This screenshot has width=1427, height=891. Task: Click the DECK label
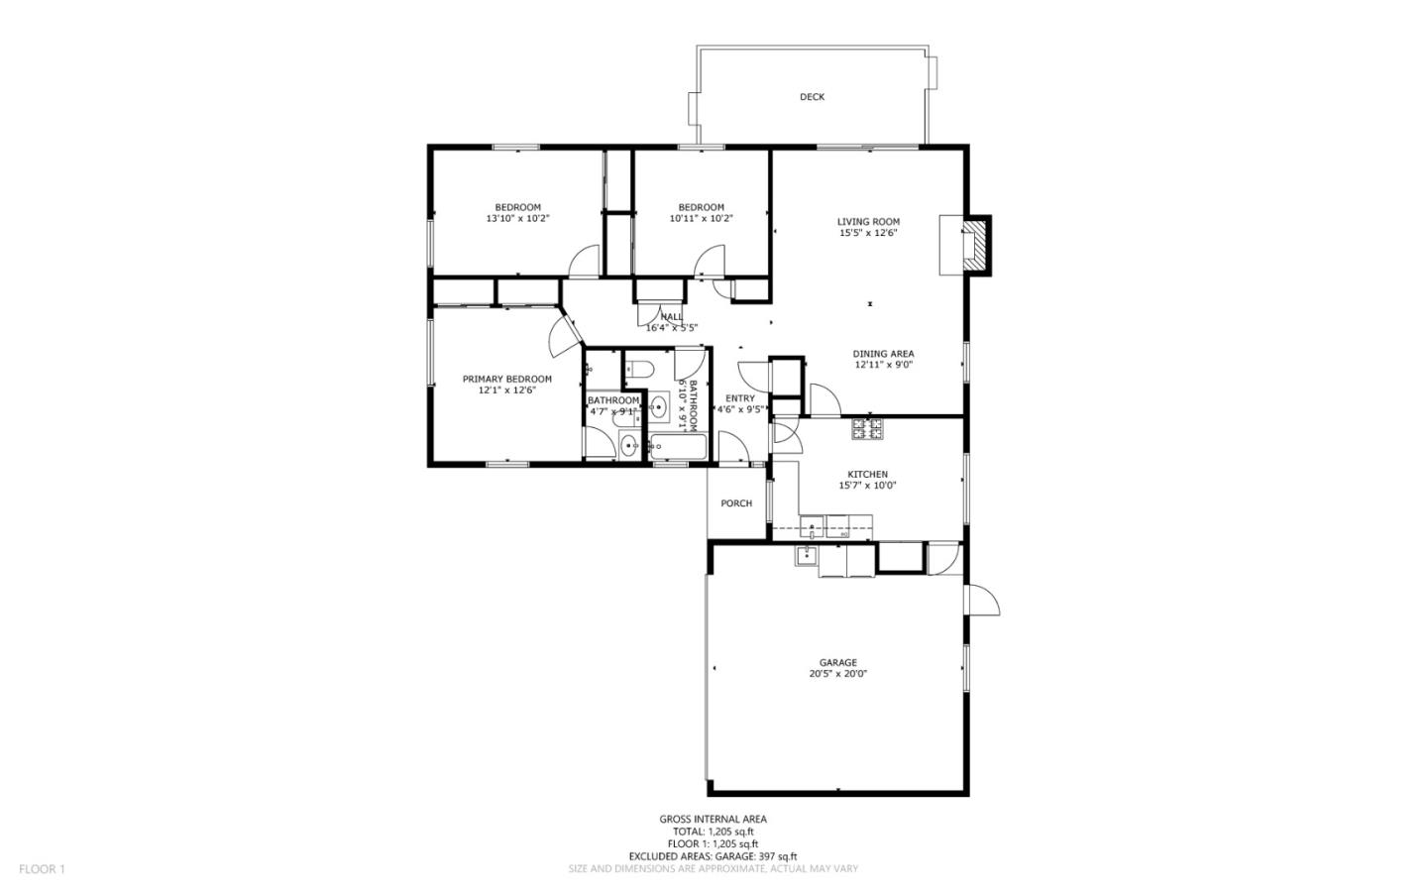tap(812, 97)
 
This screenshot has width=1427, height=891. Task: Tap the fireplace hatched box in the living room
tap(977, 244)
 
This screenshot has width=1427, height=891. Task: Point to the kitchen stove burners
tap(867, 429)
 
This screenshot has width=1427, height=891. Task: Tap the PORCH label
tap(736, 503)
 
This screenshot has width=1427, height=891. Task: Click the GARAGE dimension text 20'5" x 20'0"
tap(837, 674)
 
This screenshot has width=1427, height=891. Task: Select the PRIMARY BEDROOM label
tap(506, 379)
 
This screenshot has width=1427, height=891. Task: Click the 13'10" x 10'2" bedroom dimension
tap(517, 218)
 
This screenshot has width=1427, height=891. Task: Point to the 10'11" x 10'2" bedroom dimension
tap(701, 218)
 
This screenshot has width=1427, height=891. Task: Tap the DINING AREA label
tap(883, 354)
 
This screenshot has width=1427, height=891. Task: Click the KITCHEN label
tap(867, 475)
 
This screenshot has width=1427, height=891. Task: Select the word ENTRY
tap(739, 398)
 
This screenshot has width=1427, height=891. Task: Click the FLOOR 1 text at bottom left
tap(42, 869)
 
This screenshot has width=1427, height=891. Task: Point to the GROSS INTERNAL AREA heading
tap(713, 819)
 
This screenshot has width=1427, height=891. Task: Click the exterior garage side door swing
tap(982, 600)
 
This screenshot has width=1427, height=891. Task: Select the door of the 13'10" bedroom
tap(585, 262)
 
